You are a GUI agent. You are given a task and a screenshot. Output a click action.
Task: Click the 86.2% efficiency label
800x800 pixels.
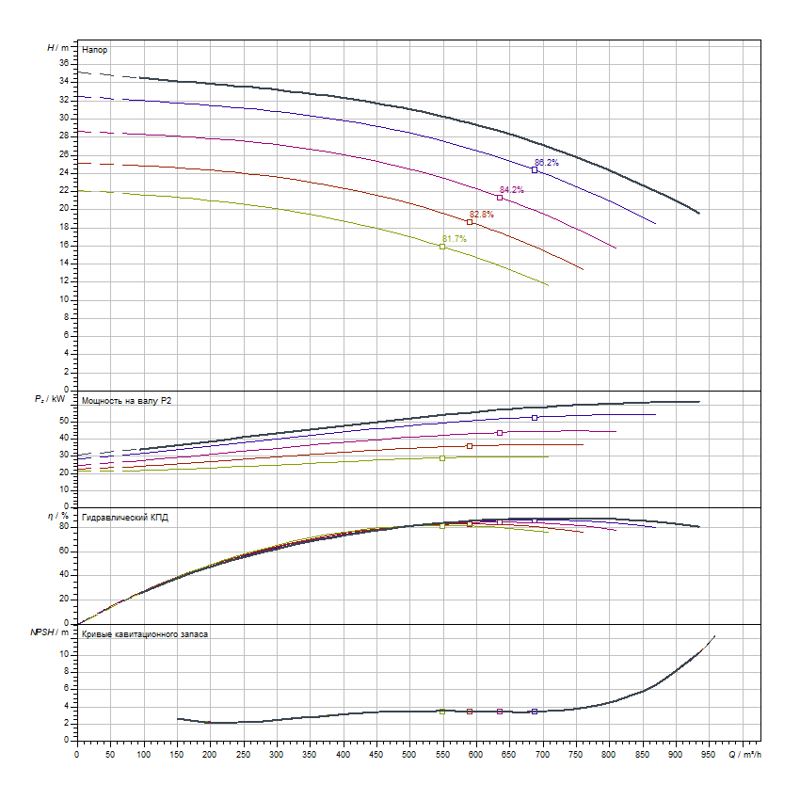pyautogui.click(x=547, y=163)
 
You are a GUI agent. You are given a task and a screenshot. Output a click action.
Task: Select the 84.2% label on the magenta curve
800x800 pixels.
pyautogui.click(x=512, y=190)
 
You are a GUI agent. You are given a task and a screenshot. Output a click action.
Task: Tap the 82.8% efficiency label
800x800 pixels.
pyautogui.click(x=482, y=215)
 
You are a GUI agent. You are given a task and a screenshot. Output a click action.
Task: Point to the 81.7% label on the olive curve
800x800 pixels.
pyautogui.click(x=454, y=239)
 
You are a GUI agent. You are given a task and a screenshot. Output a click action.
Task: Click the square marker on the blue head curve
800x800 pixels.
pyautogui.click(x=535, y=170)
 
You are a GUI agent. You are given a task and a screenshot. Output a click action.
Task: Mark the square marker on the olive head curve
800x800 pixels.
pyautogui.click(x=442, y=247)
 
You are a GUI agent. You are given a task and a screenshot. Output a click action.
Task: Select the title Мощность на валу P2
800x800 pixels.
pyautogui.click(x=127, y=401)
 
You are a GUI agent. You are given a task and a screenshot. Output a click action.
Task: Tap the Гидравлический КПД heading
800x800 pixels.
pyautogui.click(x=125, y=518)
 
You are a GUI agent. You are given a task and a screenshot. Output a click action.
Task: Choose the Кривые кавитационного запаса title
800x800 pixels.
pyautogui.click(x=145, y=634)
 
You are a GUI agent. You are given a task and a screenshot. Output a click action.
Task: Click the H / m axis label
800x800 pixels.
pyautogui.click(x=58, y=46)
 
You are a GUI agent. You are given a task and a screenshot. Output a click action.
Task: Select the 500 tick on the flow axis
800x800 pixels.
pyautogui.click(x=409, y=753)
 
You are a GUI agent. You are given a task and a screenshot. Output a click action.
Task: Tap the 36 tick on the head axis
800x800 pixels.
pyautogui.click(x=64, y=63)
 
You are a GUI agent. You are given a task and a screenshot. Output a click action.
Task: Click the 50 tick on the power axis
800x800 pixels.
pyautogui.click(x=63, y=421)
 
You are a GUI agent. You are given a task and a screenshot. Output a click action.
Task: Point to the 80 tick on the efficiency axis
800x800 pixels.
pyautogui.click(x=64, y=526)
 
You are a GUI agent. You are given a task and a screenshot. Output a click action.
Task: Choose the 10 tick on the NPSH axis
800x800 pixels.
pyautogui.click(x=64, y=653)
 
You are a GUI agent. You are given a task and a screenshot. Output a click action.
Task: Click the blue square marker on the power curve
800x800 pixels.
pyautogui.click(x=535, y=417)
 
